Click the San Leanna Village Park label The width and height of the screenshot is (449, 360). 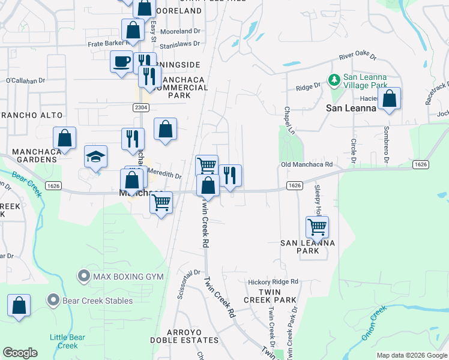[364, 82]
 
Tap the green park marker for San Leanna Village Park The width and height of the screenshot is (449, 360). [334, 79]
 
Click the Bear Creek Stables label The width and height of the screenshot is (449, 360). [90, 299]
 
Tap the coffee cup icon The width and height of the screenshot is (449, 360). [122, 61]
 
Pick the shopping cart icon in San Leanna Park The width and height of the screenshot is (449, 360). [316, 227]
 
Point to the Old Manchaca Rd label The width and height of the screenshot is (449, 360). [307, 164]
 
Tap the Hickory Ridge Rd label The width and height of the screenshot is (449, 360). [273, 281]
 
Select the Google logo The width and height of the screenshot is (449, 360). [20, 353]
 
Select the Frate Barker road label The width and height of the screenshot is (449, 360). [107, 44]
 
